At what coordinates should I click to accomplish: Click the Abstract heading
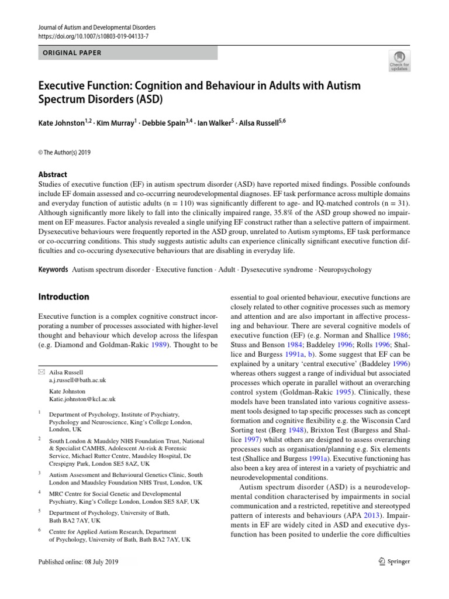(52, 174)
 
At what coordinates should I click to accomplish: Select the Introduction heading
(63, 297)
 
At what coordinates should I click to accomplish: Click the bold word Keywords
(53, 270)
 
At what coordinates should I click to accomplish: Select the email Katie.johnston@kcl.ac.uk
(82, 399)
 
